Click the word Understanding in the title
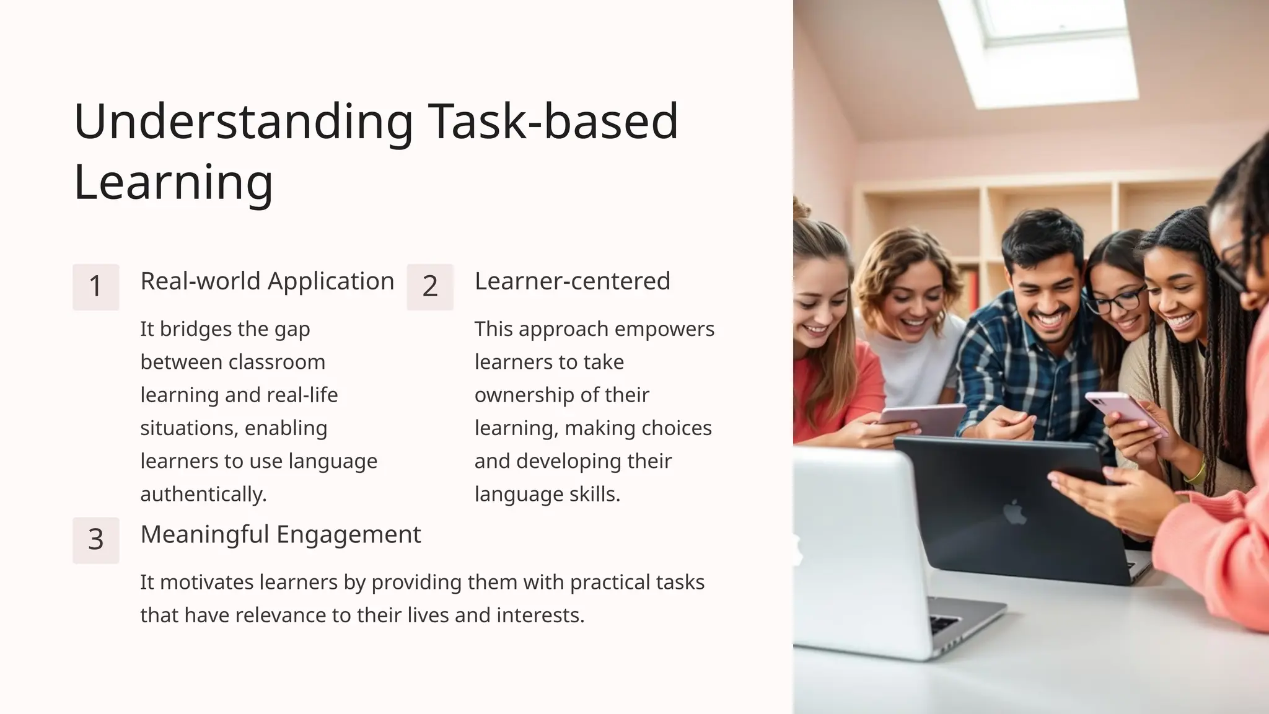point(244,121)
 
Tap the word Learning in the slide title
point(173,182)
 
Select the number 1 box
point(95,286)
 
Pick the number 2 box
point(430,286)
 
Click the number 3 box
point(95,540)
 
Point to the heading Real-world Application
point(267,281)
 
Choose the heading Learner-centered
point(572,281)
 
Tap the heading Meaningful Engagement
point(280,534)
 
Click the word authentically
point(203,495)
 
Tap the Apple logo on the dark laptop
point(1014,512)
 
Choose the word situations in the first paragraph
point(190,428)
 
